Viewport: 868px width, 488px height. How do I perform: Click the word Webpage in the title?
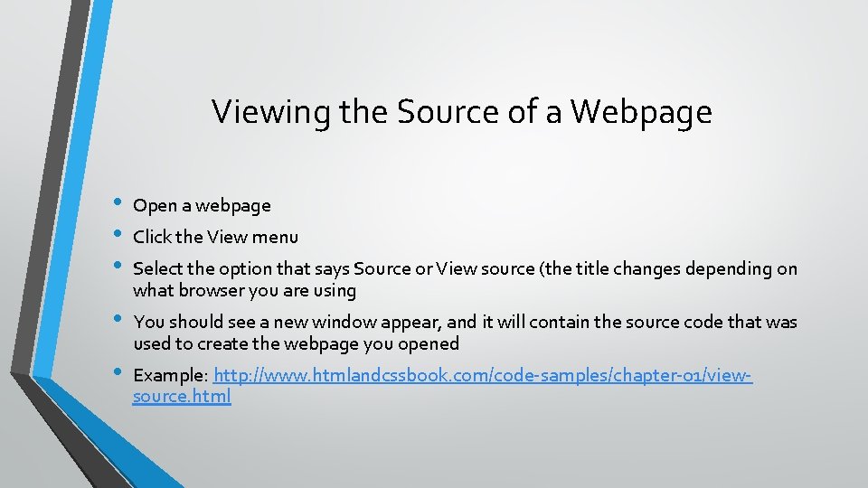coord(642,112)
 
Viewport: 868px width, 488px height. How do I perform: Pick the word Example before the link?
coord(170,375)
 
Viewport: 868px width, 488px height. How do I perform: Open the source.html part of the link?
coord(182,396)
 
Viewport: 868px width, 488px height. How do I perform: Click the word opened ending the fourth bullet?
coord(431,343)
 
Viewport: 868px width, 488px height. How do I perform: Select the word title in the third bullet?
coord(596,269)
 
